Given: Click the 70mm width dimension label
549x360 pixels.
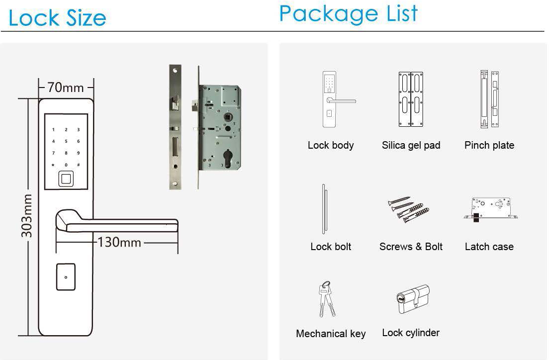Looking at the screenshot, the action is coord(66,88).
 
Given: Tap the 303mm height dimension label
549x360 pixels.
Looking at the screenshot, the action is coord(27,216).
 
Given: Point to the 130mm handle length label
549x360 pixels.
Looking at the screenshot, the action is coord(119,242).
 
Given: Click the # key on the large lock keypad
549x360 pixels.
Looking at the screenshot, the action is coord(79,165).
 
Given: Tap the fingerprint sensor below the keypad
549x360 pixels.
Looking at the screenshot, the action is coord(66,179).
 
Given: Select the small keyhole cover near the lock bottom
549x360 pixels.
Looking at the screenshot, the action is coord(66,277).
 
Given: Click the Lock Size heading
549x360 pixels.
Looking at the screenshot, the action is coord(57,18).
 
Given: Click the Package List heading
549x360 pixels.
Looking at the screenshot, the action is coord(349,14).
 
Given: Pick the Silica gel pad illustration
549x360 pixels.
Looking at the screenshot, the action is coord(411,99).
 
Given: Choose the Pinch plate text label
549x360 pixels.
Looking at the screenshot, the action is coord(489,145).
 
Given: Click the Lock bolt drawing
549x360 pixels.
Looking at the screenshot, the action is coord(324,209).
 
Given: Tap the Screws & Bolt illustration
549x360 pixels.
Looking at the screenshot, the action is coord(408,209).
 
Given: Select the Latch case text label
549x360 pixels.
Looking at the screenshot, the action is coord(489,247).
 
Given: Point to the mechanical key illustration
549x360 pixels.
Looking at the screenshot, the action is coord(326,299).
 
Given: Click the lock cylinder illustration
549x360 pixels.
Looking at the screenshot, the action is coord(413,299).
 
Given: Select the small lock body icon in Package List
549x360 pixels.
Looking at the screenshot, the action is coord(338,99).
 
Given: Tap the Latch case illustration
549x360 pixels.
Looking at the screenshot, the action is coord(490,209).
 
